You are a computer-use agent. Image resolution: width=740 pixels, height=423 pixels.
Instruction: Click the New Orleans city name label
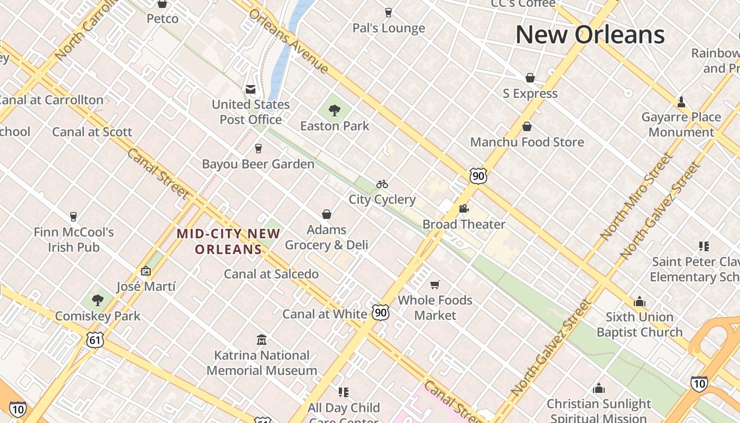(x=589, y=35)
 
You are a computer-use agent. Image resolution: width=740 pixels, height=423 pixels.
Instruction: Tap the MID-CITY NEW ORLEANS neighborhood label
(x=228, y=241)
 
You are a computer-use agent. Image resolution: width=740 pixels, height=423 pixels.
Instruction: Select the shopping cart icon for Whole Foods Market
(x=435, y=285)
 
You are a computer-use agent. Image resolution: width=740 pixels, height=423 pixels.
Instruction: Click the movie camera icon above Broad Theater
(x=464, y=208)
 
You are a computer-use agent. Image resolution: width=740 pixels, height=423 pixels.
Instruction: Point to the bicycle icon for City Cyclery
(x=382, y=184)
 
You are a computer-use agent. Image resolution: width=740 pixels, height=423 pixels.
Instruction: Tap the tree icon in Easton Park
(x=334, y=110)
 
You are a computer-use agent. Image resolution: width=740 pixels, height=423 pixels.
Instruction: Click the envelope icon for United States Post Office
(x=251, y=89)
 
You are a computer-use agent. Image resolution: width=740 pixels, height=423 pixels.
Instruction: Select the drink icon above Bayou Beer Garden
(x=258, y=149)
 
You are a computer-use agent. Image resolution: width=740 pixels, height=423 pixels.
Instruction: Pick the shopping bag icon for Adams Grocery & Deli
(x=327, y=214)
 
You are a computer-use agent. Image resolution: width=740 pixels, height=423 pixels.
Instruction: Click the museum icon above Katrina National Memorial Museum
(x=262, y=339)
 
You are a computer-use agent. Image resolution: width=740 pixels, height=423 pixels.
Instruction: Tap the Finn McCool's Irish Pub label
(x=73, y=240)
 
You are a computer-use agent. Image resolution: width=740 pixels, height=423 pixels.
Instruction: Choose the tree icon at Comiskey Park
(x=97, y=300)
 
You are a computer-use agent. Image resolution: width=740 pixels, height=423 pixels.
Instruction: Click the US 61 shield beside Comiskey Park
(x=95, y=340)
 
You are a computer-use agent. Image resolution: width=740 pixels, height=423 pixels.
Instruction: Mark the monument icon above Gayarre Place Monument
(x=681, y=102)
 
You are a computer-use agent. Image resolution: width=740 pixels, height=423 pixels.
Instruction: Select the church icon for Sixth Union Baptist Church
(x=640, y=301)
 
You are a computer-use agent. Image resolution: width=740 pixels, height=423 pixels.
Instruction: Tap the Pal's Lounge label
(x=388, y=28)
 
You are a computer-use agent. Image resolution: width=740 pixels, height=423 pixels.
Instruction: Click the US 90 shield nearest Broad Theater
(x=478, y=176)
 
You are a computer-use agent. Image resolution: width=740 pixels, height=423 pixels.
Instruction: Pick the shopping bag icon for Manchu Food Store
(x=527, y=126)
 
